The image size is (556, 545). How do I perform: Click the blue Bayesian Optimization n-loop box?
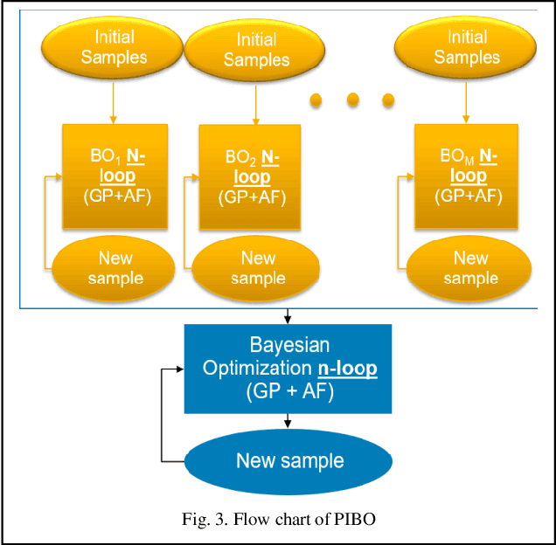[x=289, y=369]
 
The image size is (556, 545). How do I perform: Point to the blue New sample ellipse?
[x=289, y=460]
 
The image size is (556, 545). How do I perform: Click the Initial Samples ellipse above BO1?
[x=112, y=46]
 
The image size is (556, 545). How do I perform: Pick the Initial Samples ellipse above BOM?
[x=467, y=47]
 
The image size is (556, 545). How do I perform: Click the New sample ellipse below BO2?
[x=258, y=268]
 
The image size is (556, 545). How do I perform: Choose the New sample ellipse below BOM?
[x=470, y=268]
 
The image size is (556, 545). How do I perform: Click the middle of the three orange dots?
[x=352, y=100]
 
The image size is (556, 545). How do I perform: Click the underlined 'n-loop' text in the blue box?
[x=346, y=369]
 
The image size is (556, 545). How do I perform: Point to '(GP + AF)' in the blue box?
[x=289, y=391]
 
